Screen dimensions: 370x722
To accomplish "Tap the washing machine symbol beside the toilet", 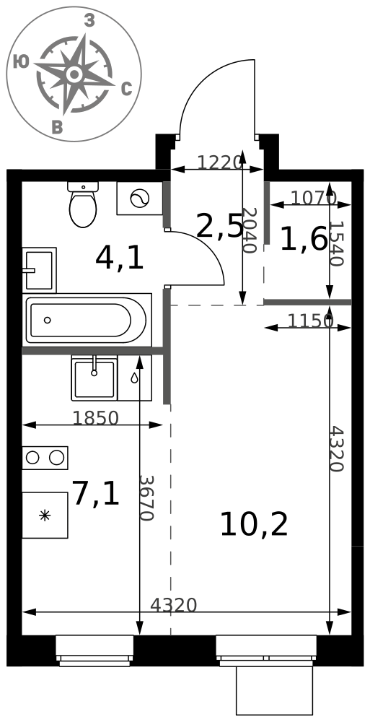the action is [x=140, y=199].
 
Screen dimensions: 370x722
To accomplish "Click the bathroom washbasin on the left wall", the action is [x=39, y=270].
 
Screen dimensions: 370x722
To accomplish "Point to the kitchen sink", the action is [x=94, y=378].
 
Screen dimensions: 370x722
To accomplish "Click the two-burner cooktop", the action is [x=45, y=458].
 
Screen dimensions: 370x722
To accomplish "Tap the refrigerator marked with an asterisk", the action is [x=45, y=515].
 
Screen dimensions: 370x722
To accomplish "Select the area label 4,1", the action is [x=120, y=258].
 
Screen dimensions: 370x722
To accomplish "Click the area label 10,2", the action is [x=254, y=525].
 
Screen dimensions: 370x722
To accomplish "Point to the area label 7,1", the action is [x=96, y=494].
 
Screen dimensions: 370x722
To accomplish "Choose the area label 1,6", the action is [x=304, y=240].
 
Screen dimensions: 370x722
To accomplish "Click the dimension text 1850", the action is [x=96, y=417].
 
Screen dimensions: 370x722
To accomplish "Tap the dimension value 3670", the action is [x=146, y=497].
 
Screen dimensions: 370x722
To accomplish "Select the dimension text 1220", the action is [x=219, y=162].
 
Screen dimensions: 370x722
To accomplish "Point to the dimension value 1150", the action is [x=310, y=321].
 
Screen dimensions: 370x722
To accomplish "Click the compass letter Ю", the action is [x=21, y=61].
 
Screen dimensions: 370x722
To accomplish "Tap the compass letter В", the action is [x=56, y=127].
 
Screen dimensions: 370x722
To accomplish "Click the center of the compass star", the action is [x=74, y=74].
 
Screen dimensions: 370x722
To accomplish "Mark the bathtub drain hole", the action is [x=47, y=320].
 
